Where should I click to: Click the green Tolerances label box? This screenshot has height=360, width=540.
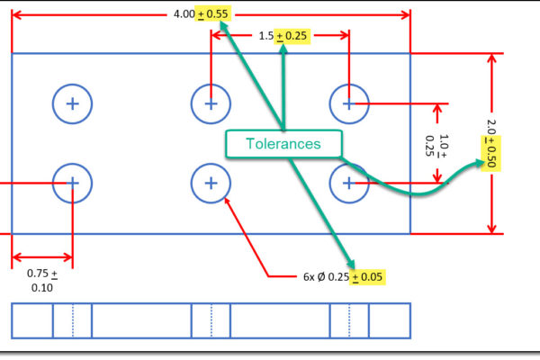point(284,144)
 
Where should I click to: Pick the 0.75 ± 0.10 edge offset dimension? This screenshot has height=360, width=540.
point(41,280)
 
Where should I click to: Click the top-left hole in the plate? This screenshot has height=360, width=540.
point(72,104)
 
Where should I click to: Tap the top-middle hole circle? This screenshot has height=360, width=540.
point(211,104)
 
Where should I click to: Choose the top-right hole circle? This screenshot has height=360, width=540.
point(348,104)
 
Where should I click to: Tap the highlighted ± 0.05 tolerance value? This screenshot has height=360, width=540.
point(368,277)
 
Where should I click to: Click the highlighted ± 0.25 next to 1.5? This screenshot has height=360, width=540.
point(292,35)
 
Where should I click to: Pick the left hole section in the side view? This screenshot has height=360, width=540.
point(72,320)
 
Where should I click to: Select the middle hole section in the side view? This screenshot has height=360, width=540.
point(211,320)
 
